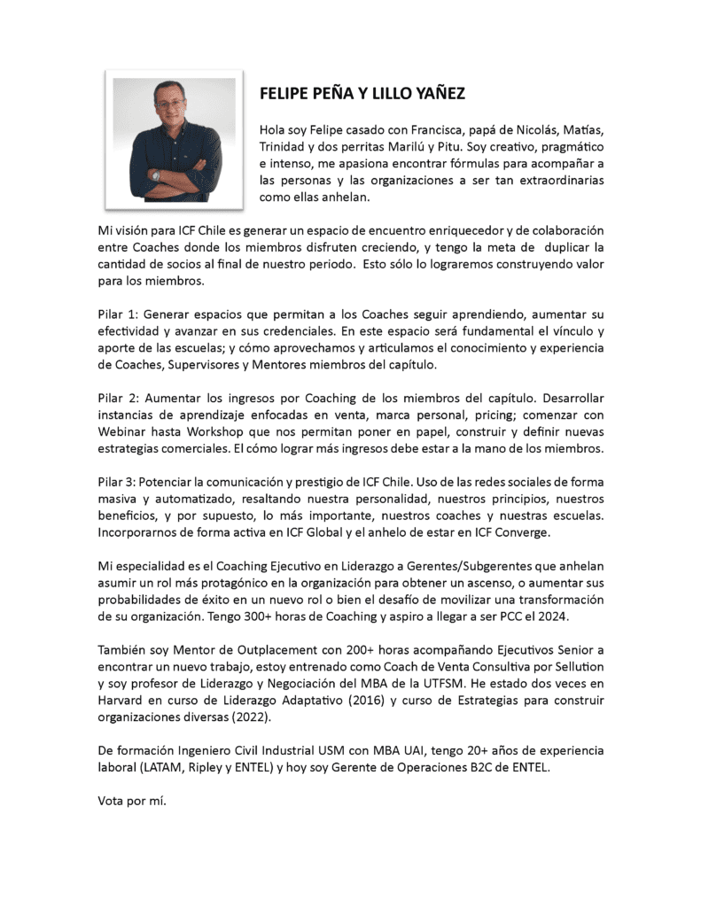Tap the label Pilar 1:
tap(117, 314)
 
